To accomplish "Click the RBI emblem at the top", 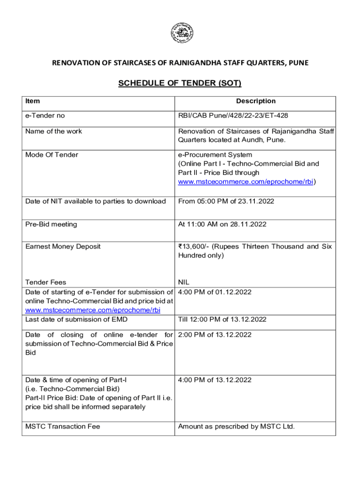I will (x=182, y=34).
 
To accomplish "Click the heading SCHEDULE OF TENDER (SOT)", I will (x=180, y=84).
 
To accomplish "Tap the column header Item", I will (x=33, y=101).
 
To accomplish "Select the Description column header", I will (x=256, y=101).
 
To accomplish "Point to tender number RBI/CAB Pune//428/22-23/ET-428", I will (x=230, y=116).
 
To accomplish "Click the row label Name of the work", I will (x=53, y=131).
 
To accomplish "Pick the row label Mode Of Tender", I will (x=51, y=155).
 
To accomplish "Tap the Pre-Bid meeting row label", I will (x=51, y=225).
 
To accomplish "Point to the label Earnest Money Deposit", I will (x=63, y=247).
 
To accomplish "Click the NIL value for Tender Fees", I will (x=184, y=282).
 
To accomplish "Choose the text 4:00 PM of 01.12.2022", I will (x=215, y=292).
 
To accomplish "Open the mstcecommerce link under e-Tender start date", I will (x=93, y=310).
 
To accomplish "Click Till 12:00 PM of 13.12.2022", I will (x=222, y=319).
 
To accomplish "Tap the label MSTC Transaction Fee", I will (x=63, y=427).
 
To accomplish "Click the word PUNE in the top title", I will (x=298, y=63).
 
